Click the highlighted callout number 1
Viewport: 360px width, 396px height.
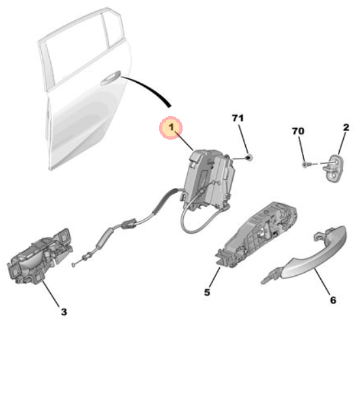[x=171, y=127]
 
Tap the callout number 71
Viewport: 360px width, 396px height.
[x=238, y=118]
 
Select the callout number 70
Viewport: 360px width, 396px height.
[x=298, y=131]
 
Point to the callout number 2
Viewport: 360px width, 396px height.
[x=346, y=127]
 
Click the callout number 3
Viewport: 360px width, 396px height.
[x=64, y=312]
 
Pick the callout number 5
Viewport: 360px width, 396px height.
[x=207, y=292]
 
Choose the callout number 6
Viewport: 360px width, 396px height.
[x=333, y=300]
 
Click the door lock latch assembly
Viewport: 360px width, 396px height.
[x=209, y=179]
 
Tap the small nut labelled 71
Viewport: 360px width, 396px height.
[x=249, y=158]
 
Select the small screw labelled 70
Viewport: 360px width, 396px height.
[x=305, y=164]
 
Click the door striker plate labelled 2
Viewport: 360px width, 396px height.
[x=335, y=168]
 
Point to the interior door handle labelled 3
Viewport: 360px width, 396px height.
[x=40, y=258]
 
